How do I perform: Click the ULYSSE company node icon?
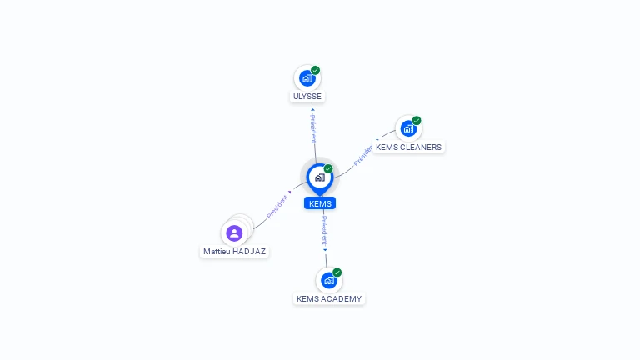click(x=307, y=78)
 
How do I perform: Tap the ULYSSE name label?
click(x=307, y=97)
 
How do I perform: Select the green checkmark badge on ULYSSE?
click(x=316, y=70)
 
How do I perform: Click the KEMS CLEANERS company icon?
click(x=408, y=129)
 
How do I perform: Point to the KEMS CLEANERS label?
click(x=408, y=147)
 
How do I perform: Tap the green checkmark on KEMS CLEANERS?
click(x=417, y=120)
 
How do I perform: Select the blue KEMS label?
click(x=320, y=203)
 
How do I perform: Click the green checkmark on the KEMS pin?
click(x=328, y=168)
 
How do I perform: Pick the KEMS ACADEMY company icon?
click(x=329, y=280)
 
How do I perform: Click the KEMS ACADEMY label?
click(x=329, y=299)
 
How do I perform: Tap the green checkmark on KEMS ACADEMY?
click(x=337, y=272)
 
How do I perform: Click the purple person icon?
click(x=234, y=233)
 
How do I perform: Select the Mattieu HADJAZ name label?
click(x=234, y=252)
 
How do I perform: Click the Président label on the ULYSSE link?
click(x=313, y=128)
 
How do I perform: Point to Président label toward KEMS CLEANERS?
click(x=362, y=155)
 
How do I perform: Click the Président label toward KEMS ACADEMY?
click(x=324, y=230)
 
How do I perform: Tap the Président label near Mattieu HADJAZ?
click(x=277, y=207)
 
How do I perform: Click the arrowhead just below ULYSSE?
click(x=312, y=109)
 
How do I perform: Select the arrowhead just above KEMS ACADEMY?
click(x=325, y=250)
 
